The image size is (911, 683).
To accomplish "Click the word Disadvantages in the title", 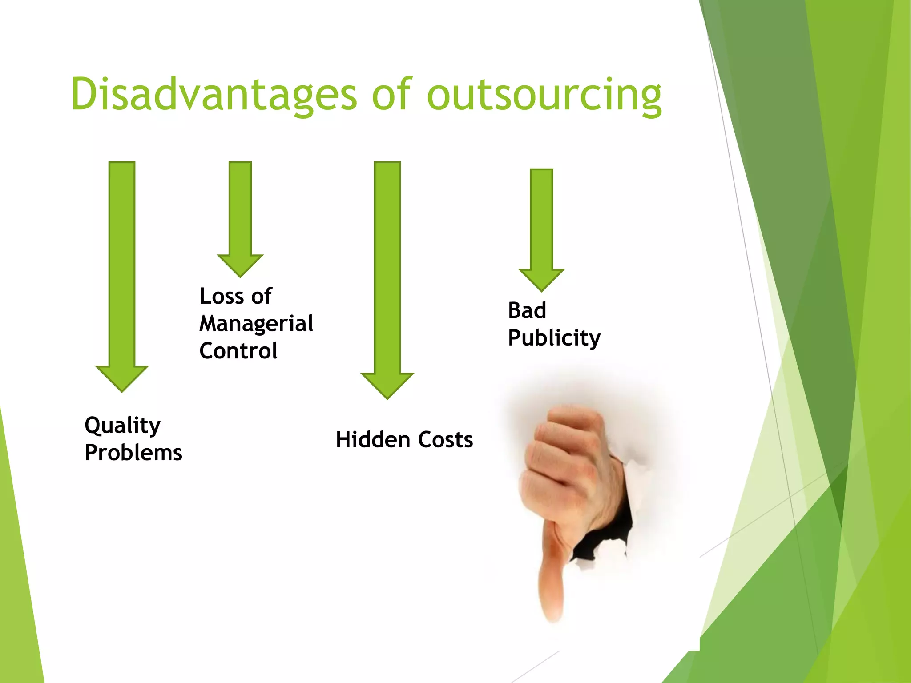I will (214, 94).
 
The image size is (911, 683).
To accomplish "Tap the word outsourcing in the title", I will (544, 94).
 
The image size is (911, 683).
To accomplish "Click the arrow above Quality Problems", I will (122, 276).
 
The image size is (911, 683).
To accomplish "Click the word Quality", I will (122, 426).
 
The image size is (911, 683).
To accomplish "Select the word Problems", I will (133, 453).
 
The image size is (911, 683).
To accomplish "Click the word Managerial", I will (256, 324).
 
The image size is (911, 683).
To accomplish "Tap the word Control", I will (238, 351).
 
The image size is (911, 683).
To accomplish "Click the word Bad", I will (527, 310).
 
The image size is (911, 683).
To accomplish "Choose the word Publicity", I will (554, 338).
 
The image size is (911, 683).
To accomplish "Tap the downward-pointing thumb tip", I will (553, 616).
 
